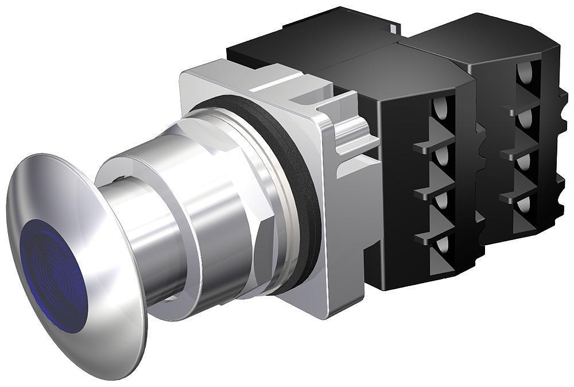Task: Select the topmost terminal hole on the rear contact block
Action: (x=523, y=72)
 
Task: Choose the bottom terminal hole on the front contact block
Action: (x=442, y=247)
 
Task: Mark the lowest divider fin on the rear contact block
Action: (x=514, y=195)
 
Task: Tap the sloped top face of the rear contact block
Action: (x=482, y=40)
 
